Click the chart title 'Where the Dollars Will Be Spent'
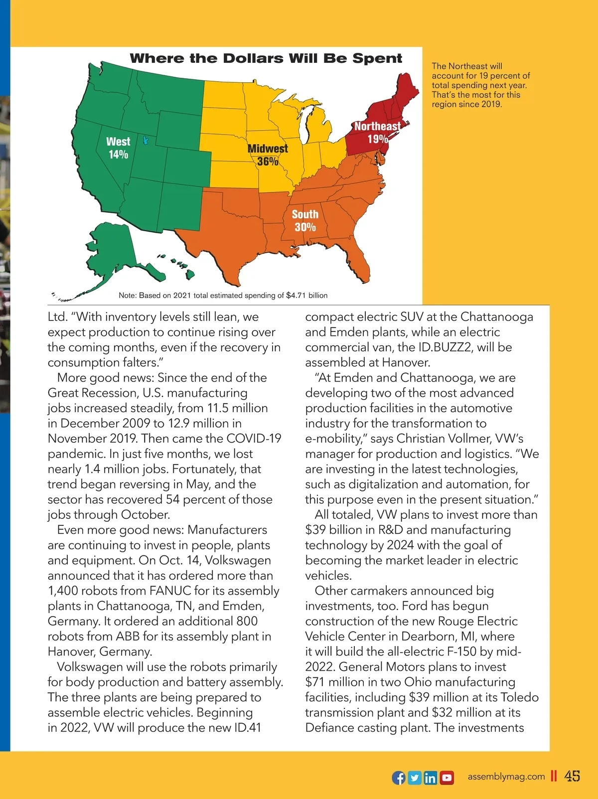(x=266, y=58)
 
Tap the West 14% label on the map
(x=118, y=148)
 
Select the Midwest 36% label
(x=268, y=155)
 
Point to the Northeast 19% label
(x=377, y=133)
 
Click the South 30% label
(x=305, y=221)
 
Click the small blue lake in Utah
(x=146, y=141)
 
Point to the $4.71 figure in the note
(x=296, y=296)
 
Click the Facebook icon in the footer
(x=399, y=778)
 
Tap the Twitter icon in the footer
(x=415, y=778)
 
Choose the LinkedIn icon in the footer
(x=431, y=778)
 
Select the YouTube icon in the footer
(x=447, y=778)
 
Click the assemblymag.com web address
(x=506, y=777)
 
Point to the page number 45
(x=572, y=776)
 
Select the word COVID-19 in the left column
(x=254, y=439)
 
